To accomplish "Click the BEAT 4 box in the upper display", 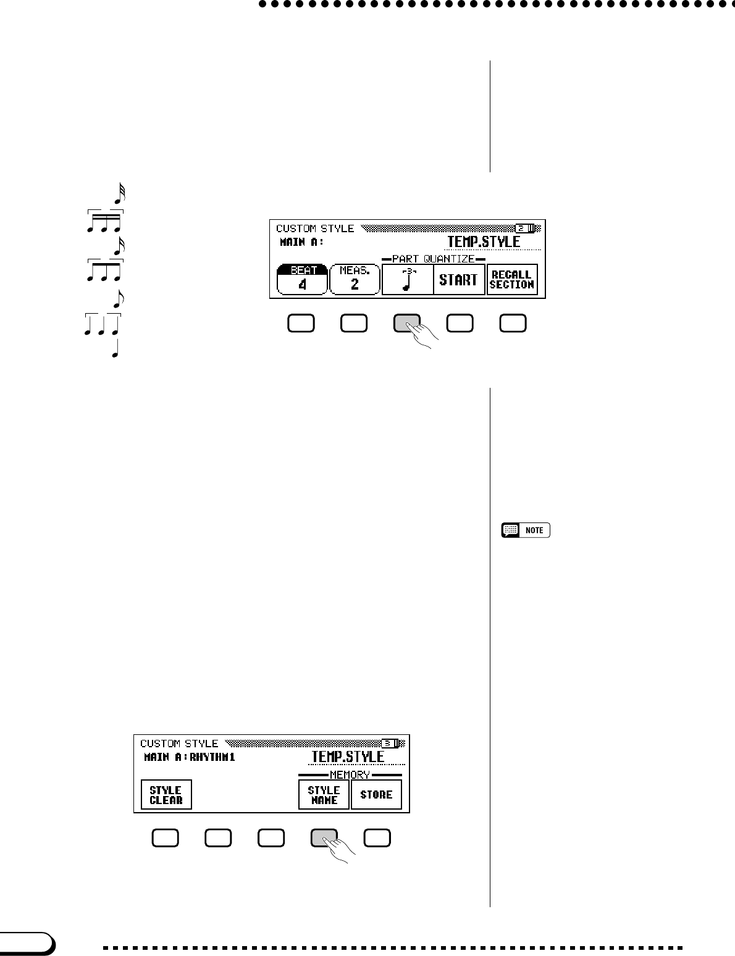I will click(x=303, y=280).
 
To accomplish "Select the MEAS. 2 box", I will click(x=355, y=280).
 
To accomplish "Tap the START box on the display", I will click(x=458, y=280).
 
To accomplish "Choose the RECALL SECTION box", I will click(x=511, y=280).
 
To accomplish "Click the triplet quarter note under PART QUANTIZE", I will click(x=407, y=280).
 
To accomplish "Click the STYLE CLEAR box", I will click(x=166, y=795).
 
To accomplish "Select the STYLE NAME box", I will click(x=324, y=795).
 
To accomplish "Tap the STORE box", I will click(x=376, y=795).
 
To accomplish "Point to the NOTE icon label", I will click(x=526, y=530).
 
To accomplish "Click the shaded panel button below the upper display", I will click(x=406, y=324).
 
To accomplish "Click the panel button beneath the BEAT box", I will click(x=301, y=324).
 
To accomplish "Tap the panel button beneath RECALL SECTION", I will click(x=513, y=324).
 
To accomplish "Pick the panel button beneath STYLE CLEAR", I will click(x=165, y=838).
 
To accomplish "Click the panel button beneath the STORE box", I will click(x=377, y=838).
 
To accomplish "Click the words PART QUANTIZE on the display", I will click(x=433, y=259).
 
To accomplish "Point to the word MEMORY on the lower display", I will click(x=350, y=774).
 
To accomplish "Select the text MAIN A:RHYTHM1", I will click(x=190, y=757).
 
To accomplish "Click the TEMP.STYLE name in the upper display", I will click(x=484, y=242).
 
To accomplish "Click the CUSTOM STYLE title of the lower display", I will click(x=179, y=744).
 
